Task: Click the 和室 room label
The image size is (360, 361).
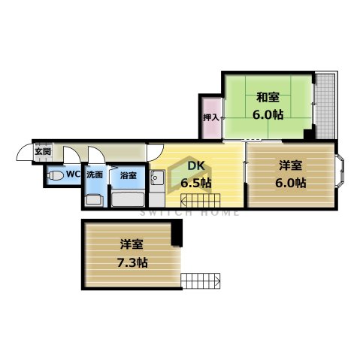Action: coord(268,97)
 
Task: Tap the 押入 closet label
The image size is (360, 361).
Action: coord(211,118)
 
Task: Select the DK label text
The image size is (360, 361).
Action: coord(195,167)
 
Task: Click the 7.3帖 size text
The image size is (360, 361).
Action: coord(133,262)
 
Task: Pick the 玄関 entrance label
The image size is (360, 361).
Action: coord(41,151)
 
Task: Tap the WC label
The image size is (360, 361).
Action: coord(73,174)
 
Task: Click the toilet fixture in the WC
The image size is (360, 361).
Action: coord(55,176)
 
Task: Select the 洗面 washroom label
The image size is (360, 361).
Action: coord(95,174)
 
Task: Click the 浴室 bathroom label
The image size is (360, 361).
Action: coord(128,175)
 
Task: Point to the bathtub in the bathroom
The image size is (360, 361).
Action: coord(129,199)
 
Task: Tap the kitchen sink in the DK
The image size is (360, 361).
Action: coord(158,180)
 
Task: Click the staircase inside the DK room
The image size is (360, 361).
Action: coord(200,200)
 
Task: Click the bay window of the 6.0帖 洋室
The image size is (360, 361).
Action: coord(340,174)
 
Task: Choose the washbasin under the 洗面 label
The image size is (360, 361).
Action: coord(94,200)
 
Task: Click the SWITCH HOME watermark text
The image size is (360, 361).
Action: coord(180,213)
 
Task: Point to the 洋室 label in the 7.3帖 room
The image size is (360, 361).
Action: coord(132,244)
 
